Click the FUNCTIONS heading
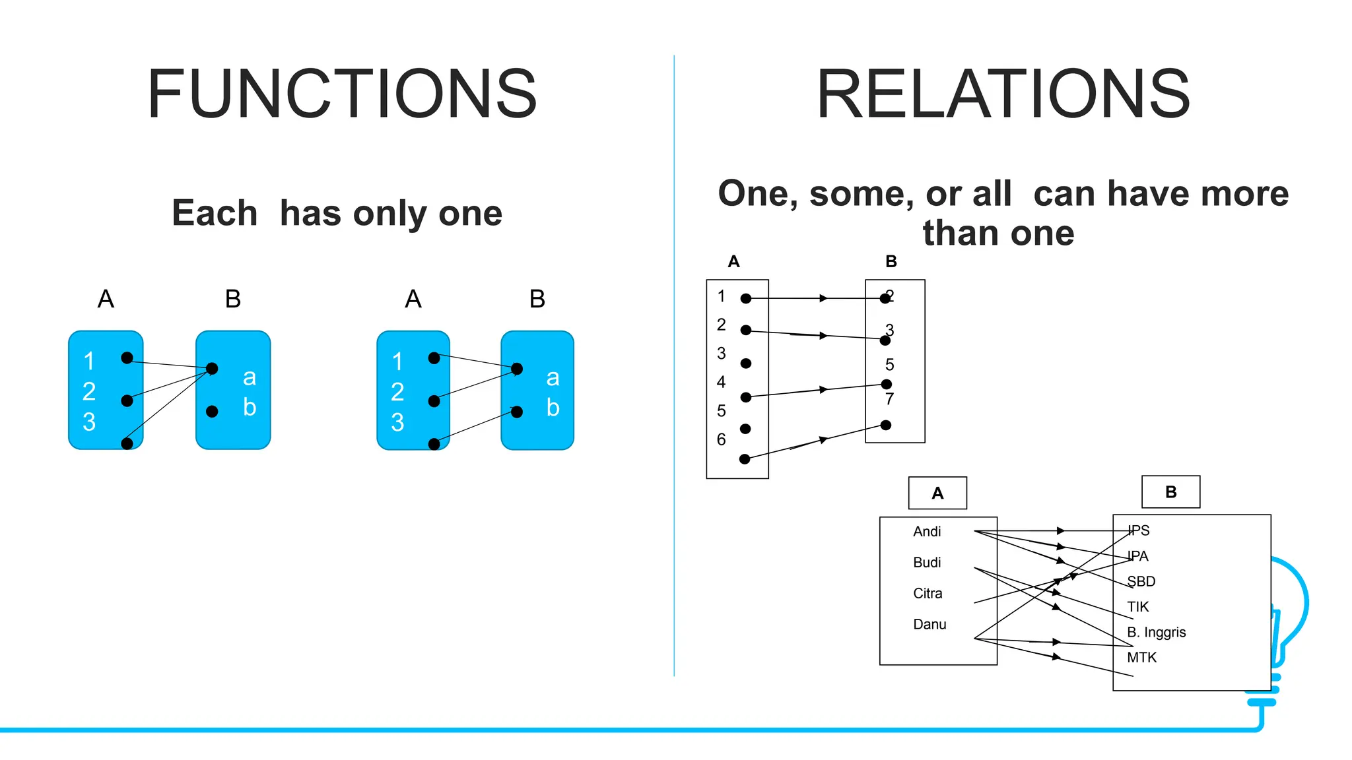click(x=342, y=94)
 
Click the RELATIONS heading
click(x=1003, y=94)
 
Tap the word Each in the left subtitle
click(x=215, y=213)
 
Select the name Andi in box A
click(x=927, y=532)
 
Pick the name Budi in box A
click(x=927, y=563)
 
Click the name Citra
click(x=928, y=594)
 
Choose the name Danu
click(x=929, y=625)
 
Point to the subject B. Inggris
click(x=1156, y=633)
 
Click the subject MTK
click(x=1141, y=658)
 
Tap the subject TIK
click(x=1137, y=607)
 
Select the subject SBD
click(x=1141, y=582)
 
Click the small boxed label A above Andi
click(x=937, y=493)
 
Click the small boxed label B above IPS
click(x=1170, y=492)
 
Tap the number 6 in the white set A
click(x=721, y=439)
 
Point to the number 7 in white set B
click(x=889, y=399)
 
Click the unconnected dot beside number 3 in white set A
click(x=746, y=364)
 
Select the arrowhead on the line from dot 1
click(x=823, y=298)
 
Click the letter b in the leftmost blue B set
click(x=249, y=407)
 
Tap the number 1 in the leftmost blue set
click(x=88, y=362)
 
